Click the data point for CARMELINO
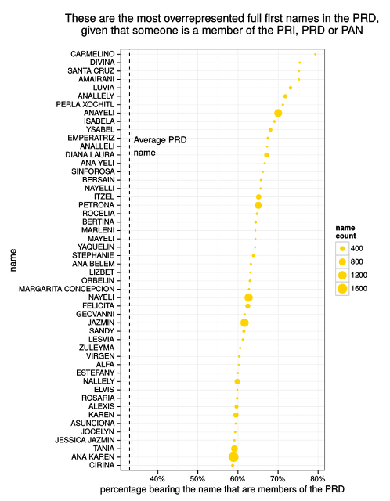click(316, 54)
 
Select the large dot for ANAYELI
click(278, 113)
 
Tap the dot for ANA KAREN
click(233, 456)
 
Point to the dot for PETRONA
click(258, 205)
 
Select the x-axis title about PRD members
click(222, 490)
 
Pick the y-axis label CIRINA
click(102, 465)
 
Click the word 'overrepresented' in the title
click(191, 17)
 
